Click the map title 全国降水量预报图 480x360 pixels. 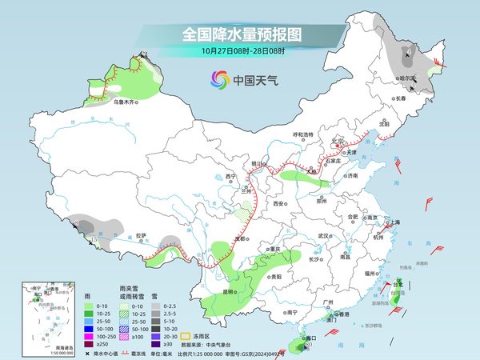coord(241,35)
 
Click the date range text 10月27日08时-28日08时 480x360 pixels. coord(241,51)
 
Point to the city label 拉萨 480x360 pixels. coord(141,235)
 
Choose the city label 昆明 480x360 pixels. coord(230,292)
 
